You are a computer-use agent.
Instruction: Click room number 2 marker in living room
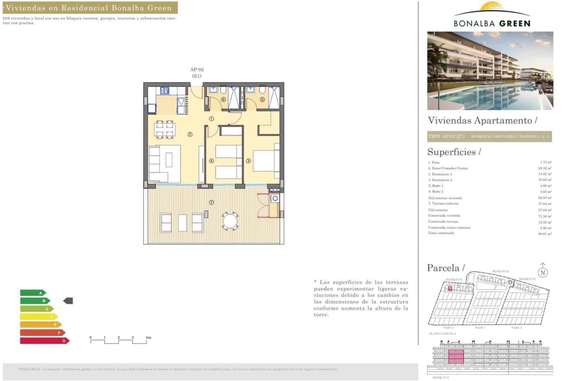coord(190,134)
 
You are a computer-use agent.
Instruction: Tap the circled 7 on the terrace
coord(211,202)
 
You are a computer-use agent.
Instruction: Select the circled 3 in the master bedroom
coord(248,161)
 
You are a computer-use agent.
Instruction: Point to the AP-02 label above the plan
coord(197,70)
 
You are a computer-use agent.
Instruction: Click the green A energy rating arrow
coord(33,293)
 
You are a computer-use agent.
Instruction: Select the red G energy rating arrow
coord(44,341)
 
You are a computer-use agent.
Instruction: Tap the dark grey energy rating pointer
coord(68,301)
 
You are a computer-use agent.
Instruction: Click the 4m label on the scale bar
coord(148,337)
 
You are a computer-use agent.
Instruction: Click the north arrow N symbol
coord(543,272)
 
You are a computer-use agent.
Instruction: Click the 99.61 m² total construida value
coord(545,234)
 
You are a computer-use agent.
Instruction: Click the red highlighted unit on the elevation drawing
coord(456,357)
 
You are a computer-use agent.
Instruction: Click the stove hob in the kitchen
coord(165,91)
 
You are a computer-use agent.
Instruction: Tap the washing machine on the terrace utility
coord(275,199)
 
